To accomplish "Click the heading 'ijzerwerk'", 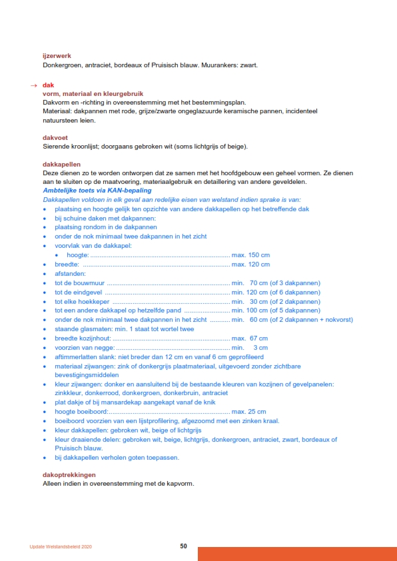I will [x=57, y=56].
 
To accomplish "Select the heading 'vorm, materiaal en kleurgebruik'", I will [x=93, y=94].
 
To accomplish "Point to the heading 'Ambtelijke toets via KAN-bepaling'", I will [x=97, y=190].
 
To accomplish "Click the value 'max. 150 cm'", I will [x=250, y=255].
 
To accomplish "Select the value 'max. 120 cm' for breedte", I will [x=250, y=265].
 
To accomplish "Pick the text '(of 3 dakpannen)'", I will [x=294, y=283].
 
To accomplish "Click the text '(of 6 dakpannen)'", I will [x=294, y=292].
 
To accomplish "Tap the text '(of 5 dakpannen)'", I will [x=294, y=310].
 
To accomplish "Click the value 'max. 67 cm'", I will [x=250, y=338].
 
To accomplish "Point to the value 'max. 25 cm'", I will [x=248, y=412].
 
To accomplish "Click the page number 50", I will [x=183, y=546].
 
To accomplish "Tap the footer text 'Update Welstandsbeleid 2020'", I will [x=61, y=546].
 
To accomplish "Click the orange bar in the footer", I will [x=297, y=554].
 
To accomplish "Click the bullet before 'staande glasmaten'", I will [x=45, y=329].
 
